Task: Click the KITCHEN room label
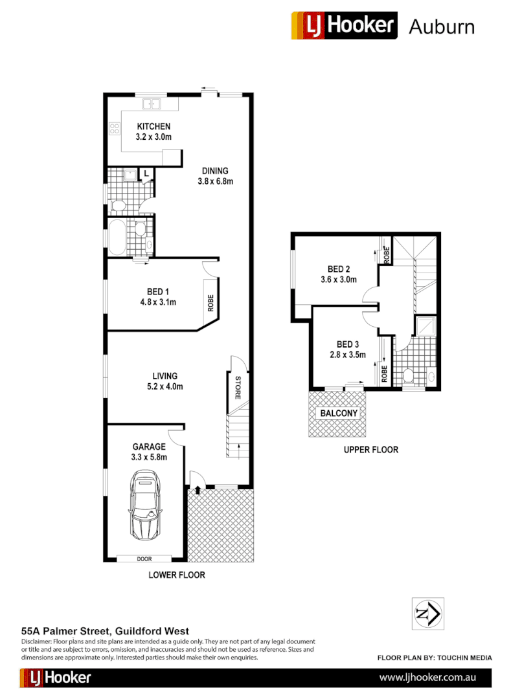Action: (153, 126)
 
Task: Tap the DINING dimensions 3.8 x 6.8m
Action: (215, 181)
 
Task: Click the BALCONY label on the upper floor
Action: (336, 413)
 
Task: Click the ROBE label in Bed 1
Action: (211, 304)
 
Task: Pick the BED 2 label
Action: (339, 269)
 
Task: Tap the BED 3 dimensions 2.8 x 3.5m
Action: (348, 355)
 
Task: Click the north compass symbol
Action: (427, 613)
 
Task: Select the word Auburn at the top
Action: (442, 27)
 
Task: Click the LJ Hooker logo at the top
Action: (344, 26)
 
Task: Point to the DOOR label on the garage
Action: (144, 559)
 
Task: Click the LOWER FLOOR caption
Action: (177, 575)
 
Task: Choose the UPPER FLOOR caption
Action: (370, 449)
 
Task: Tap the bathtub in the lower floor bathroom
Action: (117, 237)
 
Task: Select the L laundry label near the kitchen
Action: (147, 173)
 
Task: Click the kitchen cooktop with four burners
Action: (115, 128)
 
